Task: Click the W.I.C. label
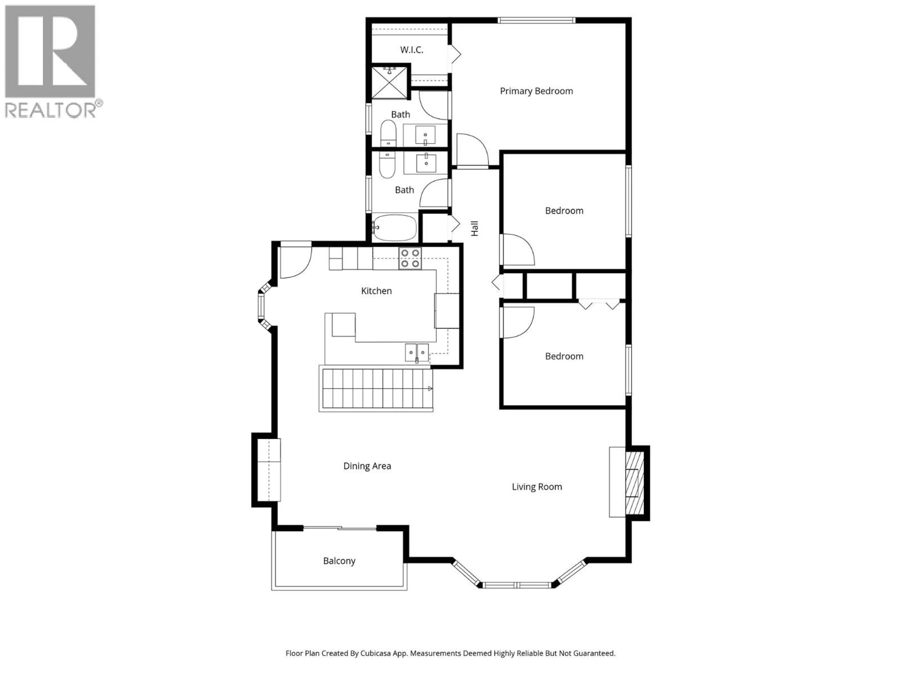click(x=411, y=50)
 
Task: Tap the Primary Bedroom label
click(x=536, y=91)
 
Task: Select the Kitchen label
click(x=376, y=291)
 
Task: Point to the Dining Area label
click(x=367, y=466)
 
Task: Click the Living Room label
click(x=536, y=487)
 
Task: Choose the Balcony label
click(x=339, y=561)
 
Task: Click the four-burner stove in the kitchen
click(x=410, y=258)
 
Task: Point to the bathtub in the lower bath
click(x=395, y=228)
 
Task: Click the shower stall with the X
click(x=389, y=83)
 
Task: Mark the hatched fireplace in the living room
click(x=635, y=483)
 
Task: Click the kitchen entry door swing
click(x=296, y=261)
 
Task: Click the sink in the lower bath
click(x=426, y=163)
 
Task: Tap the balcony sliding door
click(x=340, y=529)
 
